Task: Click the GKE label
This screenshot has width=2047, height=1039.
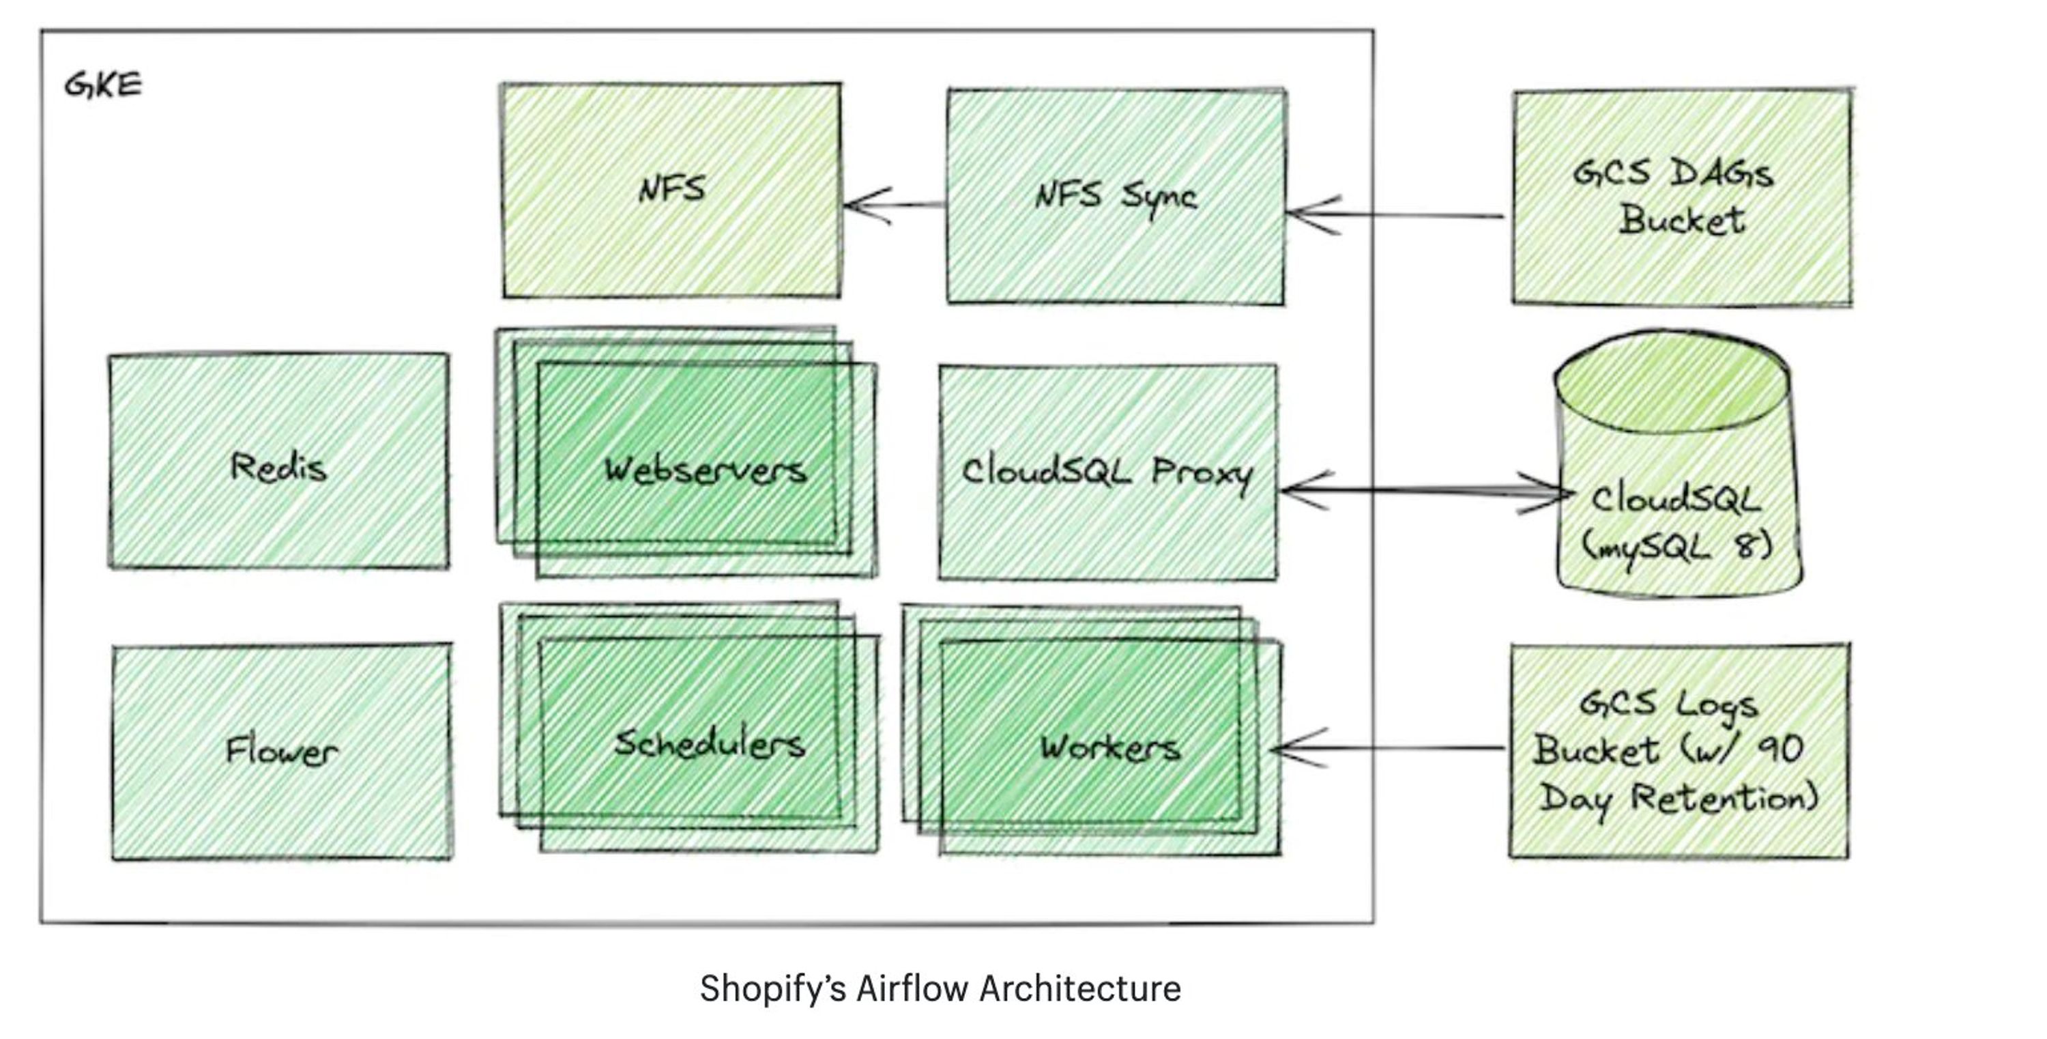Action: pyautogui.click(x=102, y=84)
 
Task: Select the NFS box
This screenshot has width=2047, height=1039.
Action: pyautogui.click(x=671, y=190)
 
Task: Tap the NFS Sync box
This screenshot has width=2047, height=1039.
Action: pyautogui.click(x=1115, y=197)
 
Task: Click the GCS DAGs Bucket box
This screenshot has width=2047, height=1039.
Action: pyautogui.click(x=1681, y=197)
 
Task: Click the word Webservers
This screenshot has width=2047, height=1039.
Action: pyautogui.click(x=705, y=470)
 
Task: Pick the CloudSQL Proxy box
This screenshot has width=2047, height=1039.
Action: pyautogui.click(x=1107, y=472)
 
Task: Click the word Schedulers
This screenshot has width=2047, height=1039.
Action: pyautogui.click(x=709, y=744)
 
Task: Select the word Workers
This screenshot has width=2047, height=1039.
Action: pyautogui.click(x=1110, y=748)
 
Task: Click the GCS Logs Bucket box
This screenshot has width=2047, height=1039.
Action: pyautogui.click(x=1679, y=751)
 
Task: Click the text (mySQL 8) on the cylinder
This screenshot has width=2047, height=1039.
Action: pyautogui.click(x=1676, y=547)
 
